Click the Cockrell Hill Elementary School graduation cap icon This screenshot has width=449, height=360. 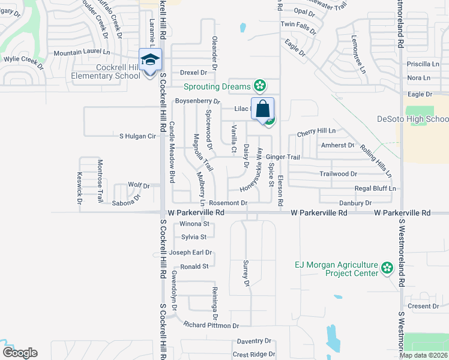click(x=148, y=59)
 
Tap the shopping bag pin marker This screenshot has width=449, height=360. click(x=262, y=109)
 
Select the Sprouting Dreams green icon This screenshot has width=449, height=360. click(x=260, y=87)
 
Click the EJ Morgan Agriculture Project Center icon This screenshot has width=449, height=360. click(x=387, y=267)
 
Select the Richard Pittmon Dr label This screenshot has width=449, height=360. click(x=211, y=325)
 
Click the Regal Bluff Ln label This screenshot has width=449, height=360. click(x=375, y=188)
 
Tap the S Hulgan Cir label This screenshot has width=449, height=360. click(x=137, y=136)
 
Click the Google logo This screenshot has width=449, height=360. click(x=20, y=352)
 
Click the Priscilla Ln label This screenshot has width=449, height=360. click(x=423, y=64)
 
